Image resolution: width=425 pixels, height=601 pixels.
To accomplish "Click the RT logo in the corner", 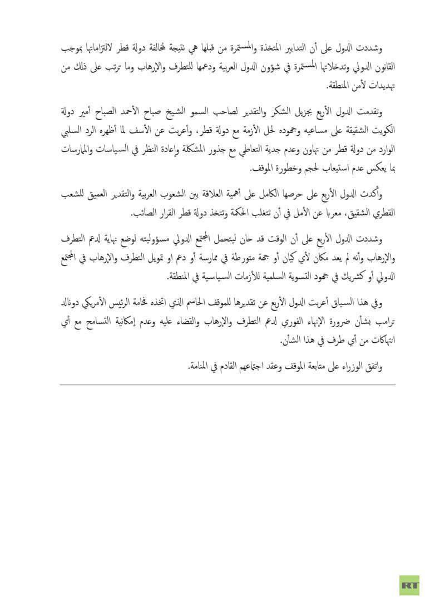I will pos(409,585).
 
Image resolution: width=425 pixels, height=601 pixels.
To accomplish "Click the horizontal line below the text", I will pos(228,385).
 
